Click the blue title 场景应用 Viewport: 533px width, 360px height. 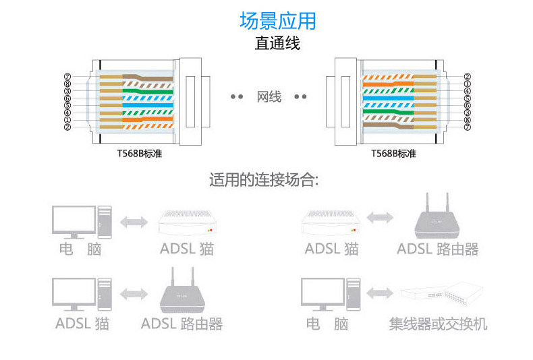[278, 21]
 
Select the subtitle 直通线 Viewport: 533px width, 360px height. [277, 43]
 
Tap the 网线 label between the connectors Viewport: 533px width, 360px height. [269, 97]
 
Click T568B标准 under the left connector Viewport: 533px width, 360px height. [140, 154]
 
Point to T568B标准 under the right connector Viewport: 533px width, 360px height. [393, 154]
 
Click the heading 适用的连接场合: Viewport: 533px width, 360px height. [264, 179]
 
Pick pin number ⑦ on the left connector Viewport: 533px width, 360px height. [67, 77]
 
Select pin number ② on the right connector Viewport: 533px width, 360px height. [468, 77]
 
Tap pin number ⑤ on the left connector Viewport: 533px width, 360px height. [67, 105]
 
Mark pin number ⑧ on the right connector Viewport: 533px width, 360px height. [468, 120]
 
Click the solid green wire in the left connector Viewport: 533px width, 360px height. [148, 92]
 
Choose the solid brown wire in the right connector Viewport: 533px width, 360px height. [388, 125]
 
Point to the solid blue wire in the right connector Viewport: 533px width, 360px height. [388, 98]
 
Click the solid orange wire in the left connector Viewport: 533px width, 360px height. [148, 119]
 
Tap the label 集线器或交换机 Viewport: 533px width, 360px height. [438, 324]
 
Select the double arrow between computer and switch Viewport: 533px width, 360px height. [380, 293]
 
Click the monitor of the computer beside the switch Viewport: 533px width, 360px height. [322, 294]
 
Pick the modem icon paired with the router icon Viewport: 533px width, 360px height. [331, 222]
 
